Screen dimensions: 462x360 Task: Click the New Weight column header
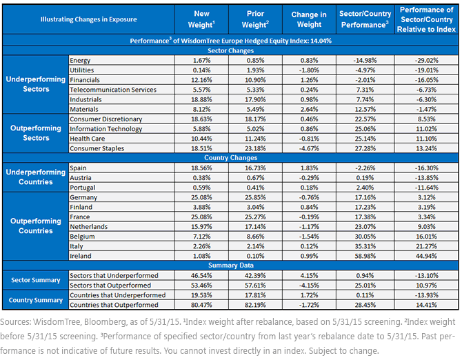(201, 19)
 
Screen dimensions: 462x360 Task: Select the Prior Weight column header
(255, 19)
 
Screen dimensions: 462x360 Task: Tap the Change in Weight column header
(309, 19)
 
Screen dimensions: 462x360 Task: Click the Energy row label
(80, 61)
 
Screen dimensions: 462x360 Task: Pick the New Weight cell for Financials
(201, 80)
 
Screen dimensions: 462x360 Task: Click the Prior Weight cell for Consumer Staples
(255, 148)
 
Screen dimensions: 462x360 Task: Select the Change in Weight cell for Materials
(309, 109)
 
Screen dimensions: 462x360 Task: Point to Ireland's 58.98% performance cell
(365, 256)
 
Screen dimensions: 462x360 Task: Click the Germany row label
(83, 197)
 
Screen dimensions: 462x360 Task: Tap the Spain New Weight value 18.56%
(201, 168)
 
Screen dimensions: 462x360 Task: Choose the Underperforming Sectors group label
(36, 84)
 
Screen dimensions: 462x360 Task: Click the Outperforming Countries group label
(36, 226)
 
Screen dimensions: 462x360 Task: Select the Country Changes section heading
(231, 158)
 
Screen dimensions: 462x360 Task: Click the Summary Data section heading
(231, 265)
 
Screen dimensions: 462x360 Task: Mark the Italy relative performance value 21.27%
(426, 246)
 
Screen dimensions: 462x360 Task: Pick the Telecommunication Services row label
(113, 90)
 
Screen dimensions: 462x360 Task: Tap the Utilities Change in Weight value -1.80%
(309, 70)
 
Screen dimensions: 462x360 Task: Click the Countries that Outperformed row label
(114, 305)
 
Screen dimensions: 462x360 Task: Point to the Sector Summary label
(36, 280)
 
